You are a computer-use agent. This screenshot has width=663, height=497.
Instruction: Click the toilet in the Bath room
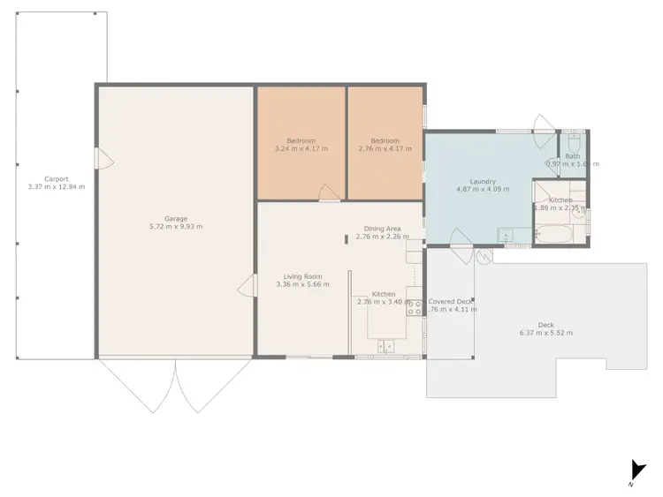coord(574,144)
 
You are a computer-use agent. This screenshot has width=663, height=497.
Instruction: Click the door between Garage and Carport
coord(103,159)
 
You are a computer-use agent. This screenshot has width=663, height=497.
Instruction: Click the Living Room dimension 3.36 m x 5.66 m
coord(302,284)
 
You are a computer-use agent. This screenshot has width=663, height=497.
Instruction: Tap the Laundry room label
coord(482,181)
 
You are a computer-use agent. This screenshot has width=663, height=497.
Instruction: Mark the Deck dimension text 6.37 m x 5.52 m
coord(545,333)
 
